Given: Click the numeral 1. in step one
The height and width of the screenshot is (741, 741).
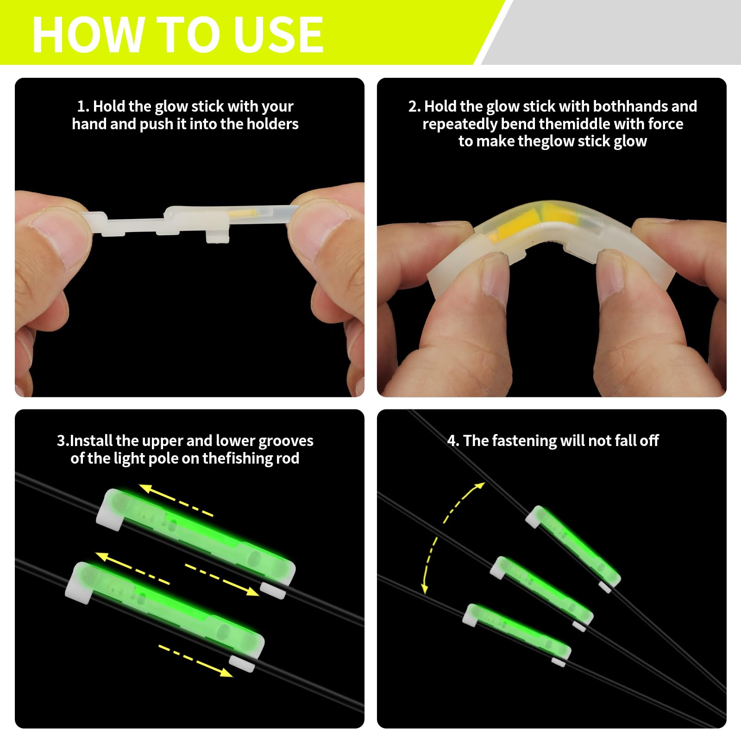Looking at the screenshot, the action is point(83,107).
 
